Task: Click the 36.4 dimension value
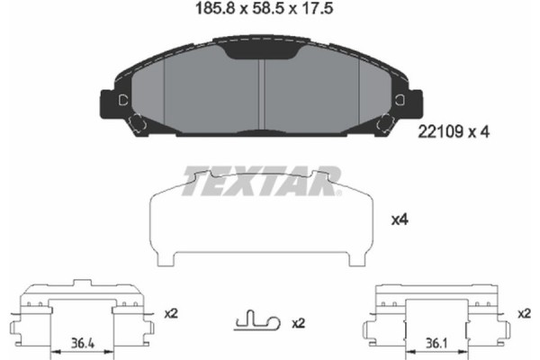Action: click(83, 343)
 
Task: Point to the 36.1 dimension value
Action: click(436, 343)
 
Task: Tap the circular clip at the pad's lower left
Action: click(138, 125)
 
